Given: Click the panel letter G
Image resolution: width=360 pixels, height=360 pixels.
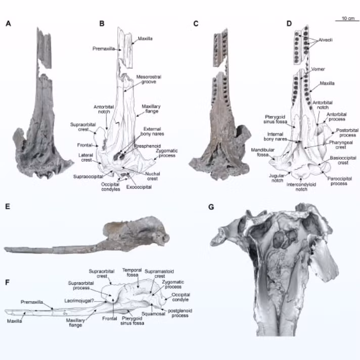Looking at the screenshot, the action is [211, 207].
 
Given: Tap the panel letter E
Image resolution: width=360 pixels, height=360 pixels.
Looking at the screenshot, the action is [8, 207].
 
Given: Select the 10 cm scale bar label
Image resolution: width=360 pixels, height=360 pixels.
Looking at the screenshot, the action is [348, 18].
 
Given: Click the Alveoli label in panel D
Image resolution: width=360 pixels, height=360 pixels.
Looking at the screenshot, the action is [325, 40].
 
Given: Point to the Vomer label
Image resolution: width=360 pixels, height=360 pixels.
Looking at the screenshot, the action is [318, 69].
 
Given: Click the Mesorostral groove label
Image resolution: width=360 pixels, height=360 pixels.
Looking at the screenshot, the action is [149, 79].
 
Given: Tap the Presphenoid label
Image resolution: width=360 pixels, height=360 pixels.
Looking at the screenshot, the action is [148, 146].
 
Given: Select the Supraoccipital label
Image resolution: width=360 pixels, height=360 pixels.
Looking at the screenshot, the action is [88, 176].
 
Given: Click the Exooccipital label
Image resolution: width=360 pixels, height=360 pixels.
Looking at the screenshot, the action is [139, 187].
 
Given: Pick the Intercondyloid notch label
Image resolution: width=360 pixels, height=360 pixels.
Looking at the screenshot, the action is [301, 187].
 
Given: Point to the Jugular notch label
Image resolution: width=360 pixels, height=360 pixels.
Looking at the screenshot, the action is [277, 178].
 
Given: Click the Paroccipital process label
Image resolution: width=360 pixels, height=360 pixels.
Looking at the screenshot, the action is [339, 181].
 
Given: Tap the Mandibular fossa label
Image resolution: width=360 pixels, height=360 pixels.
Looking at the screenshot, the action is [262, 152].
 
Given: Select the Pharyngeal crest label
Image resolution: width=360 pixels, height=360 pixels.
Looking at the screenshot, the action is [340, 145].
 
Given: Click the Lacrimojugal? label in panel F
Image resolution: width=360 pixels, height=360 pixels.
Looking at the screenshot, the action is [79, 301].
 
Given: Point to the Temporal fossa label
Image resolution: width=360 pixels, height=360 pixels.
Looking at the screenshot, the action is [132, 273].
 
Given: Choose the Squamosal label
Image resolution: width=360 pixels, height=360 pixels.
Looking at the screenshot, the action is [153, 313].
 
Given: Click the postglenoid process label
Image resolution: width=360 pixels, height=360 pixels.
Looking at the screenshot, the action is [180, 313].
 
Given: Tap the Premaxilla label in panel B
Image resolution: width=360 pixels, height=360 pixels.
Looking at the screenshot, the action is [104, 49].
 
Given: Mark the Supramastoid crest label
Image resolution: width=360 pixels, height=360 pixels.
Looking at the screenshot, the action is [159, 274].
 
